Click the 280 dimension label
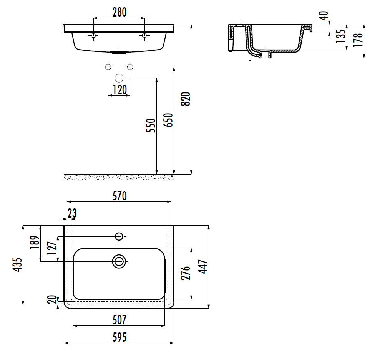[x=119, y=12]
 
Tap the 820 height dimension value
[x=186, y=99]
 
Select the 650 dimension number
[x=168, y=120]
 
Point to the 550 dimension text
[x=151, y=126]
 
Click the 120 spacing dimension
[x=119, y=89]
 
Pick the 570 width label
[x=119, y=196]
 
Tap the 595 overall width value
[x=119, y=337]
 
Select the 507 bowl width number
[x=119, y=320]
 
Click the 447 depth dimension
[x=203, y=266]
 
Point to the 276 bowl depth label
[x=186, y=272]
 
